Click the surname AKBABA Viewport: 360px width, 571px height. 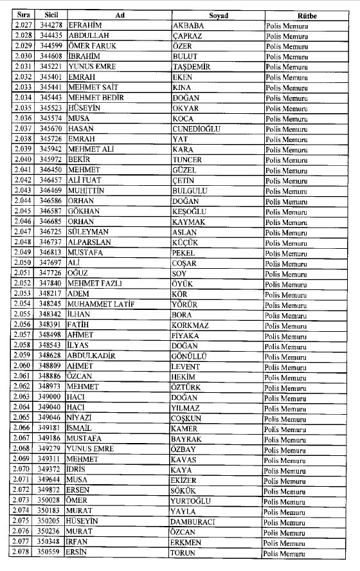tap(190, 26)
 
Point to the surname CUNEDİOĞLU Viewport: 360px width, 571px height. tap(197, 129)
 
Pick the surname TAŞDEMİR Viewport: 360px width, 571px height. tap(194, 67)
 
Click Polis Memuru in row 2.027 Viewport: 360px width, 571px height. tap(287, 26)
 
